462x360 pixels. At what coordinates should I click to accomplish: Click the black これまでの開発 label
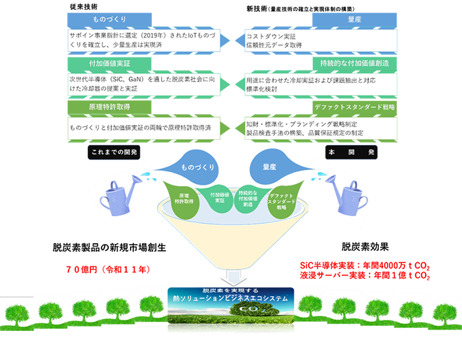tap(116, 152)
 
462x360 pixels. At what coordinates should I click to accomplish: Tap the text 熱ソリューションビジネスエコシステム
tap(230, 298)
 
